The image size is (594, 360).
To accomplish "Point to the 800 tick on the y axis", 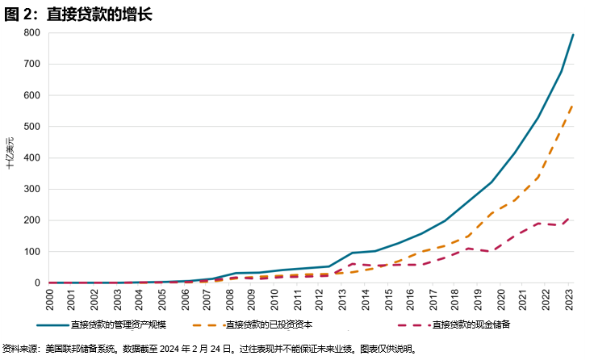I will click(x=33, y=33).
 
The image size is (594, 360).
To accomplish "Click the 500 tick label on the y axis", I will click(x=33, y=127).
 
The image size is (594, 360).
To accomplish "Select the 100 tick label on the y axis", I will click(x=33, y=252).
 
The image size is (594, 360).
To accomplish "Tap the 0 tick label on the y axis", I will click(x=38, y=283).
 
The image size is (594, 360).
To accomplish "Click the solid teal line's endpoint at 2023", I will click(x=573, y=35).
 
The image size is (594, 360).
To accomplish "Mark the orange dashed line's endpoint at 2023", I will click(x=573, y=105).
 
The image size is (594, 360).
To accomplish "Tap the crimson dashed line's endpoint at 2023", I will click(x=573, y=217).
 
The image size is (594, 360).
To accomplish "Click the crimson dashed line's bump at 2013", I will click(x=352, y=264).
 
